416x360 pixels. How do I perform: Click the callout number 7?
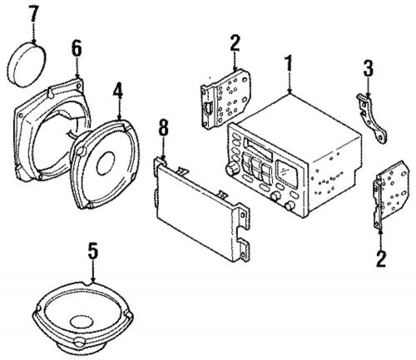click(32, 13)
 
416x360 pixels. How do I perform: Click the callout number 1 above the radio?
click(289, 63)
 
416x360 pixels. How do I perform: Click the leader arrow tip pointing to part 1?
click(289, 91)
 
